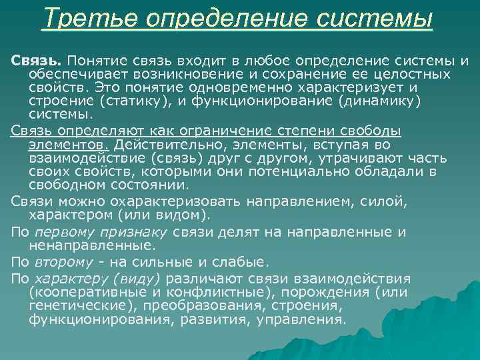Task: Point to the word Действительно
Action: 160,145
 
